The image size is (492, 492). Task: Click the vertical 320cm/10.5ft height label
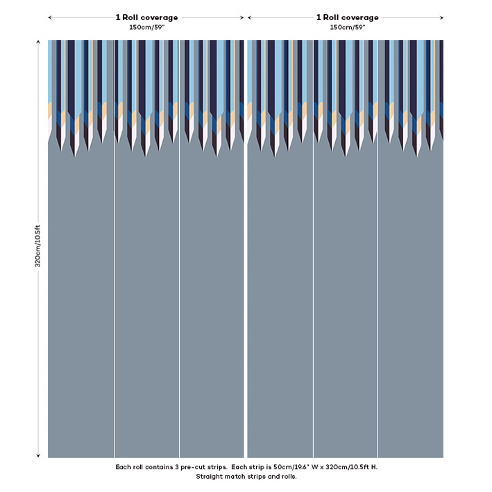[38, 246]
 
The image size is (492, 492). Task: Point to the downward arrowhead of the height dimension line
[38, 455]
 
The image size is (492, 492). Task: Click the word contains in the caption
[164, 467]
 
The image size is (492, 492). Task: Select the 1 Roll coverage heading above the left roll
[146, 17]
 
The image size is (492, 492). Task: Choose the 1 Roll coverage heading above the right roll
[347, 17]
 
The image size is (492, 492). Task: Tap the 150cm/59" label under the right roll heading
[347, 27]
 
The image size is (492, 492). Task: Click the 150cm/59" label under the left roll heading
[146, 27]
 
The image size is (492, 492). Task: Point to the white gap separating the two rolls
[246, 278]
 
